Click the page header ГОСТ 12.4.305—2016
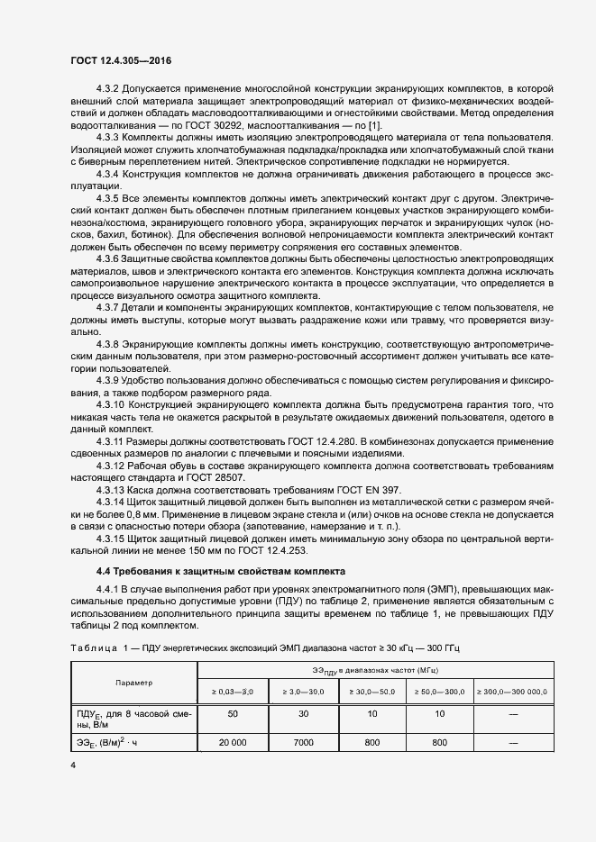pos(121,60)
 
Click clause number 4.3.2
pos(108,88)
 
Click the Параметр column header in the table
pos(133,683)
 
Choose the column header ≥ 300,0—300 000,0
pos(513,692)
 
